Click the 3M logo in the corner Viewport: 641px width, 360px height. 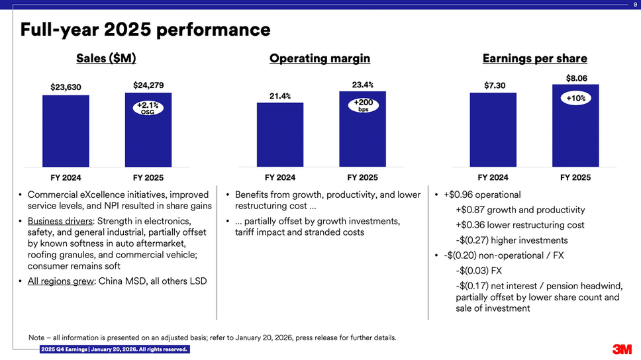point(622,349)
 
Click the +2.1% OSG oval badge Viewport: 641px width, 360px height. point(148,107)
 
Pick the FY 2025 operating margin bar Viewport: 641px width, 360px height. point(362,132)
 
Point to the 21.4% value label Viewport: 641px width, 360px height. point(280,97)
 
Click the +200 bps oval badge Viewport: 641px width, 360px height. point(363,105)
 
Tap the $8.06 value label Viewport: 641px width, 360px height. point(575,77)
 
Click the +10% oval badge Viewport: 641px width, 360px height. point(575,98)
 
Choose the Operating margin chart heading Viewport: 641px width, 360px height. point(319,59)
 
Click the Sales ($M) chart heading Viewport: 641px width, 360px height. point(106,59)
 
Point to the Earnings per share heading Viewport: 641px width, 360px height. point(534,59)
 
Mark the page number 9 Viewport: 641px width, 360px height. point(635,5)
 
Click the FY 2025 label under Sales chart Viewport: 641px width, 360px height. point(148,178)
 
